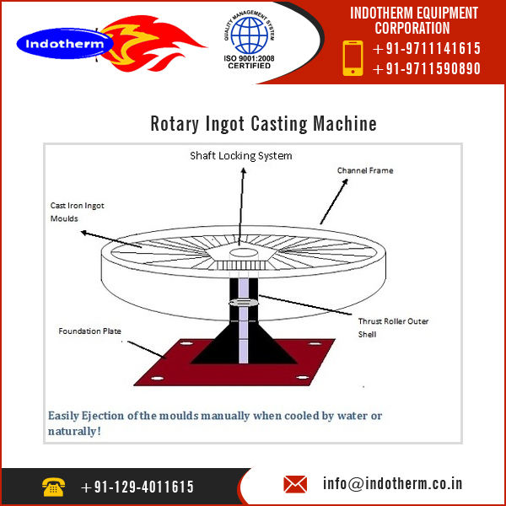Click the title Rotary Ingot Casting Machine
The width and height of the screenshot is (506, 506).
pos(263,124)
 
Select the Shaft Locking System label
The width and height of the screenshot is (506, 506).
pos(240,156)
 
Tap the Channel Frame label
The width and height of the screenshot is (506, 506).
pos(365,170)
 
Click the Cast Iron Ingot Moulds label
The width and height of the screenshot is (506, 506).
pos(75,211)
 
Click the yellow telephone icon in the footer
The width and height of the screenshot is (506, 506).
pos(52,486)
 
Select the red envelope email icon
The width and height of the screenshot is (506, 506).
pos(295,484)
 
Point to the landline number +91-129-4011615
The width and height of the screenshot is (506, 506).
pos(137,487)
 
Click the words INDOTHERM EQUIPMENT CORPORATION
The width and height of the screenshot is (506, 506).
pos(414,20)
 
